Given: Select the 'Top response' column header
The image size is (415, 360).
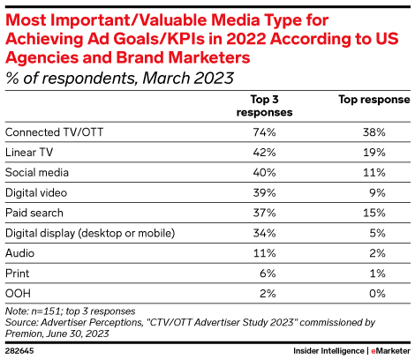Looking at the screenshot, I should tap(368, 100).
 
